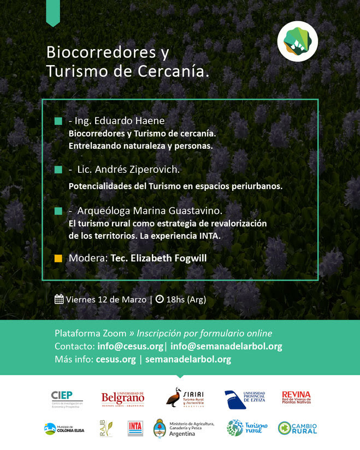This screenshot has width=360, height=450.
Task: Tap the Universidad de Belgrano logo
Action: coord(122,398)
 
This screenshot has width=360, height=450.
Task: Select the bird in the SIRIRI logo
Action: coord(174,397)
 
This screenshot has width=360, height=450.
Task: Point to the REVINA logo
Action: coord(296,399)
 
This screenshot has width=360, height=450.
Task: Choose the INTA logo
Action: coord(135,428)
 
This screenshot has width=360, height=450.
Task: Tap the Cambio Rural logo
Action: coord(297,428)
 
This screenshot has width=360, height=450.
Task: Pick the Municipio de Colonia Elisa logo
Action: coord(64,428)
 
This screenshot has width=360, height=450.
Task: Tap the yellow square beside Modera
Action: coord(58,258)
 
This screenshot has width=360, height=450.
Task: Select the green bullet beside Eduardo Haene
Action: coord(58,121)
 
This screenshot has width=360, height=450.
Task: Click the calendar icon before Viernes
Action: coord(60,299)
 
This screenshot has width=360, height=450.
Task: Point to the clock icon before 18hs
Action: coord(160,299)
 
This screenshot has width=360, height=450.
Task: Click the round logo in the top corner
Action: coord(297,40)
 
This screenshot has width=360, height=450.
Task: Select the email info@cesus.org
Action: coord(130,346)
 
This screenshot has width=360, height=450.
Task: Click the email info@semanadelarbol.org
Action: coord(226,346)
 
